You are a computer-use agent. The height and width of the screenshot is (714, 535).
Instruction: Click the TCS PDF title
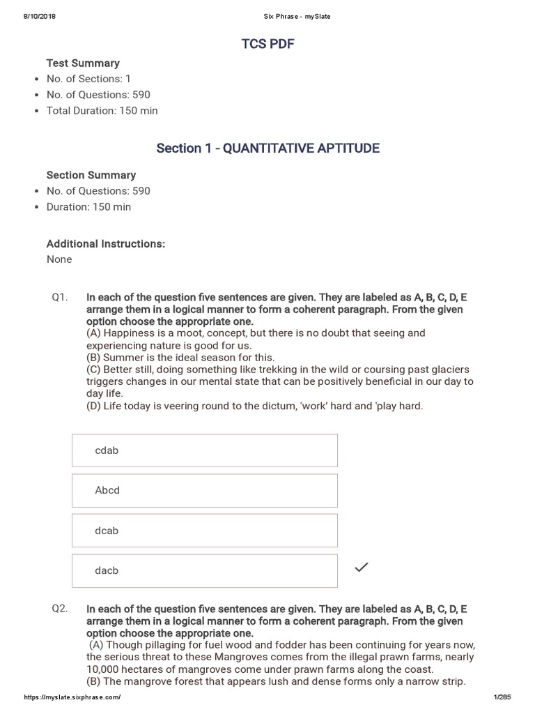pos(267,45)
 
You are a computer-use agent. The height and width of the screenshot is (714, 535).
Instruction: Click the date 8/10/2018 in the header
pos(40,17)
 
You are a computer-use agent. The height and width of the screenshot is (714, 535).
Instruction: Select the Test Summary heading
pos(83,63)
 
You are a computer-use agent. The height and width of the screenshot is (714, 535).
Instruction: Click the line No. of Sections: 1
pos(88,79)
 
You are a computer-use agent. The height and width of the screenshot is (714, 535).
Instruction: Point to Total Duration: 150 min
pos(102,110)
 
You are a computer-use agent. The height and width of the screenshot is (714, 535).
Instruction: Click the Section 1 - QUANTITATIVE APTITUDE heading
pos(267,148)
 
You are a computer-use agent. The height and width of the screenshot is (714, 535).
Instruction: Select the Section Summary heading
pos(91,175)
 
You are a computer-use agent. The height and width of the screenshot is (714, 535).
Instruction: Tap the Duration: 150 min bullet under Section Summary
pos(88,206)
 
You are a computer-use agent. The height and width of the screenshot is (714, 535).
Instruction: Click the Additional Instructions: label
pos(105,243)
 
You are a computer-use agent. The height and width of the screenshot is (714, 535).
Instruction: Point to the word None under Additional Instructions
pos(59,259)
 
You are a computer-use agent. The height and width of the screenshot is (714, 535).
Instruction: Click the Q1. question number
pos(60,297)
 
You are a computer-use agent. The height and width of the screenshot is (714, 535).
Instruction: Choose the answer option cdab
pos(204,450)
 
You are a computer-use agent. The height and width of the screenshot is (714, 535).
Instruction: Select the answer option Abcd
pos(204,490)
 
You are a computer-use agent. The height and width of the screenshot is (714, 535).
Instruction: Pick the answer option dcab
pos(204,531)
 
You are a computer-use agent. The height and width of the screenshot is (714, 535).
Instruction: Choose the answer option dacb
pos(204,570)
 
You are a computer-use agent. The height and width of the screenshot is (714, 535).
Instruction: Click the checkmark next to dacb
pos(361,568)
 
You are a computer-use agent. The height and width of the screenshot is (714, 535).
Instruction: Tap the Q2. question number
pos(60,608)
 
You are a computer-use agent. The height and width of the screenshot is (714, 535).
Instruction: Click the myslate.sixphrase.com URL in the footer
pos(72,697)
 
